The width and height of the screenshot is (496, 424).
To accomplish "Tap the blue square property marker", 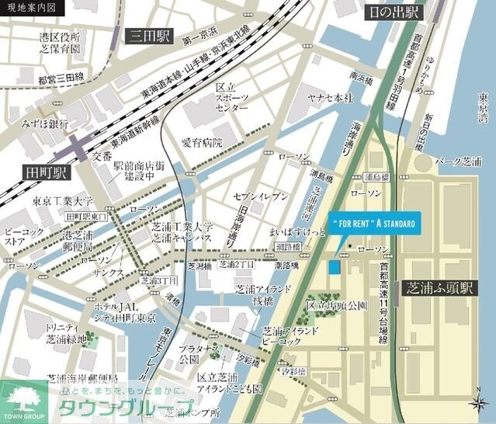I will coord(334,266).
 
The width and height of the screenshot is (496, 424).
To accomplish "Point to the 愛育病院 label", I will coord(202,143).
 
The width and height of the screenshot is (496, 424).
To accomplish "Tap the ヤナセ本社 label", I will coord(329,98).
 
